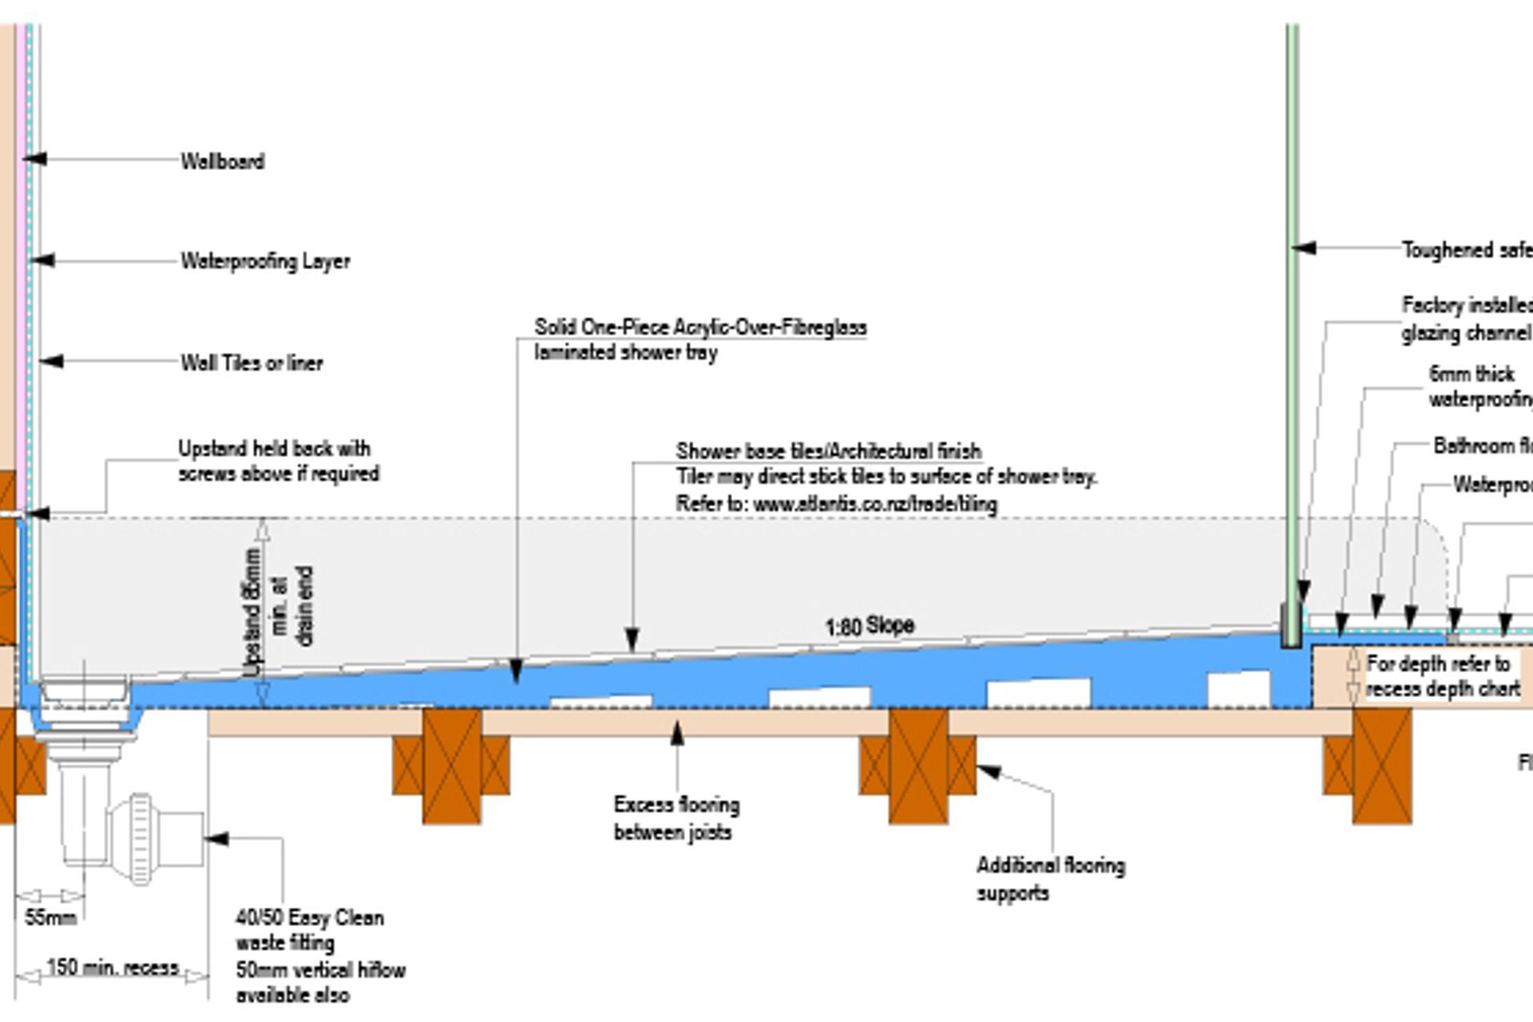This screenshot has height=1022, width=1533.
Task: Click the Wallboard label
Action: click(x=222, y=161)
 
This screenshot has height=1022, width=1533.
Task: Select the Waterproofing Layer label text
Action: click(x=265, y=261)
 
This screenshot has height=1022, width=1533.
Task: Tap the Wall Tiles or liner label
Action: click(x=252, y=363)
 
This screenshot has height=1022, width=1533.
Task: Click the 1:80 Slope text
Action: click(x=869, y=626)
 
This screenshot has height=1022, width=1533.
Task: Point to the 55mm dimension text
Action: click(x=50, y=917)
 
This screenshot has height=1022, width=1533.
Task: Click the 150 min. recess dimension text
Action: click(x=112, y=968)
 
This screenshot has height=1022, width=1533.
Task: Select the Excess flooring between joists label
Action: click(x=675, y=818)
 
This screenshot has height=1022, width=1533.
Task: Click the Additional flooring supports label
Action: click(x=1050, y=878)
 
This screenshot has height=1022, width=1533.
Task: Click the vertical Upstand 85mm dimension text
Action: click(x=253, y=611)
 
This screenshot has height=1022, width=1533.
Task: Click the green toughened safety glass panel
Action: click(x=1292, y=319)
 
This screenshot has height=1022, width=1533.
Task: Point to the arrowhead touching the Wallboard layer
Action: click(x=34, y=159)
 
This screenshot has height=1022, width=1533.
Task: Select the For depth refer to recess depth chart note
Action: click(x=1442, y=676)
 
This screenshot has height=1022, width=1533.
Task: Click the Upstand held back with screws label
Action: click(x=277, y=461)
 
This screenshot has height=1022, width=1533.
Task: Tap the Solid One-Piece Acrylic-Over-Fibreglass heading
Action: click(x=700, y=327)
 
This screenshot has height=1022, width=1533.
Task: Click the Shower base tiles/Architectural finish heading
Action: click(x=828, y=451)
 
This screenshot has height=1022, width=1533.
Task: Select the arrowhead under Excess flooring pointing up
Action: click(x=677, y=732)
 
